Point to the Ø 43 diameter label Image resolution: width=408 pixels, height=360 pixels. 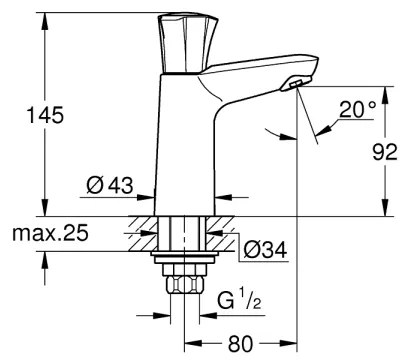click(108, 186)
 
